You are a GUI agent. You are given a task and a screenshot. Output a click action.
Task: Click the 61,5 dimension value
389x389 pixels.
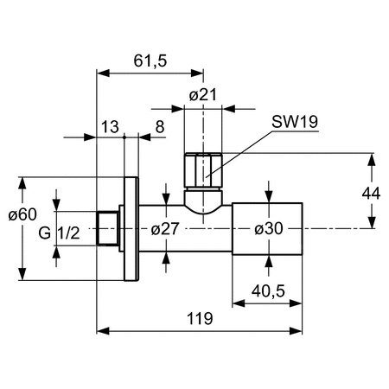click(150, 61)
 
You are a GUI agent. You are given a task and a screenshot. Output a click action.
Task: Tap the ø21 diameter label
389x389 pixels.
click(203, 95)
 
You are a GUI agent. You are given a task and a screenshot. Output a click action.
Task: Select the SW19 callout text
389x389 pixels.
click(295, 122)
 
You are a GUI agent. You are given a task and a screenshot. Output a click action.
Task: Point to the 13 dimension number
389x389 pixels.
click(110, 127)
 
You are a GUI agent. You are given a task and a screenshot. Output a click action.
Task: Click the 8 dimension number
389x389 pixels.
click(160, 127)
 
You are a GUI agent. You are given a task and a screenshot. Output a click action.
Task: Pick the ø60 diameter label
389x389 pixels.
click(22, 214)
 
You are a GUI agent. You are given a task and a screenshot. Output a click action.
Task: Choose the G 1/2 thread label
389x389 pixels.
click(59, 233)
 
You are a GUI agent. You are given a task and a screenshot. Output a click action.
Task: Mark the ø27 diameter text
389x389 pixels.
click(165, 229)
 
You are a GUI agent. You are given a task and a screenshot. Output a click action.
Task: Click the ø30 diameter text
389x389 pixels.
click(269, 229)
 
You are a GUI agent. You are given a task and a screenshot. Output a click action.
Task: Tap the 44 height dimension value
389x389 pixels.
click(371, 194)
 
